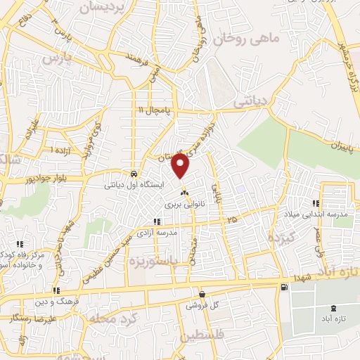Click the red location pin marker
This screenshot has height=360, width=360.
(181, 167)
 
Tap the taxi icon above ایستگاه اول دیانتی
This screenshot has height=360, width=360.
(134, 173)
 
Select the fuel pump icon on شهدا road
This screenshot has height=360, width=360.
(283, 286)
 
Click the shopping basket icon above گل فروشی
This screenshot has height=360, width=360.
(202, 295)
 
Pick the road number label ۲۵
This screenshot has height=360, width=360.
(232, 221)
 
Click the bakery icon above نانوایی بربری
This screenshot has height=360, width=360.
(184, 192)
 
